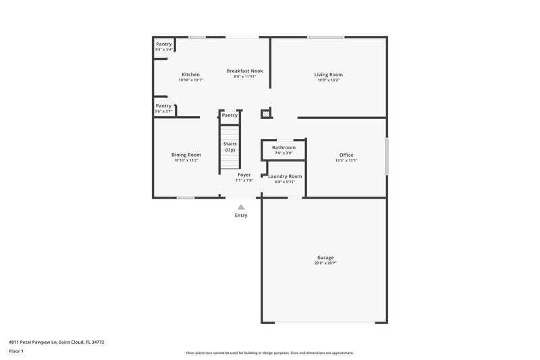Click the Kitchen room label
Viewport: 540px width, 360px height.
(x=190, y=74)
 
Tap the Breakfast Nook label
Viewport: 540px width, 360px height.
(x=244, y=71)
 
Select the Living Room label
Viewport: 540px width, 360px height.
(x=329, y=74)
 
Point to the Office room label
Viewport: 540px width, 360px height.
(x=346, y=155)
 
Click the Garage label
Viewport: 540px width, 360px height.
(x=326, y=257)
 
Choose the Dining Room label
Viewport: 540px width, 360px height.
(x=186, y=155)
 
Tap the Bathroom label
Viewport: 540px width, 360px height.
(x=283, y=147)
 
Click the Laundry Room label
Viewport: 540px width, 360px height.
(x=285, y=176)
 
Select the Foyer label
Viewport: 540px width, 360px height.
(x=244, y=175)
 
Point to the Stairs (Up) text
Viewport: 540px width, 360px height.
(x=230, y=147)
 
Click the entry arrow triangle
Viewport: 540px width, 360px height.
(x=241, y=207)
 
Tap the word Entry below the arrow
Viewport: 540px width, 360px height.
(x=241, y=215)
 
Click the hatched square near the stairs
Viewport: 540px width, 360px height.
(x=266, y=114)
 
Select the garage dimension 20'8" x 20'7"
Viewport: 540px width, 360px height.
(x=326, y=263)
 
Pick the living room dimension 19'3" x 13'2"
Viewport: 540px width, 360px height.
(x=329, y=80)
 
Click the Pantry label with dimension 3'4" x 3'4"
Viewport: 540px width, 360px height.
(x=164, y=44)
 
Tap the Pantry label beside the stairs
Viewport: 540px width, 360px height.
(x=230, y=115)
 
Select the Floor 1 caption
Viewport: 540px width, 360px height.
(x=16, y=352)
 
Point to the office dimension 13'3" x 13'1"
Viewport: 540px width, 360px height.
(x=346, y=161)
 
